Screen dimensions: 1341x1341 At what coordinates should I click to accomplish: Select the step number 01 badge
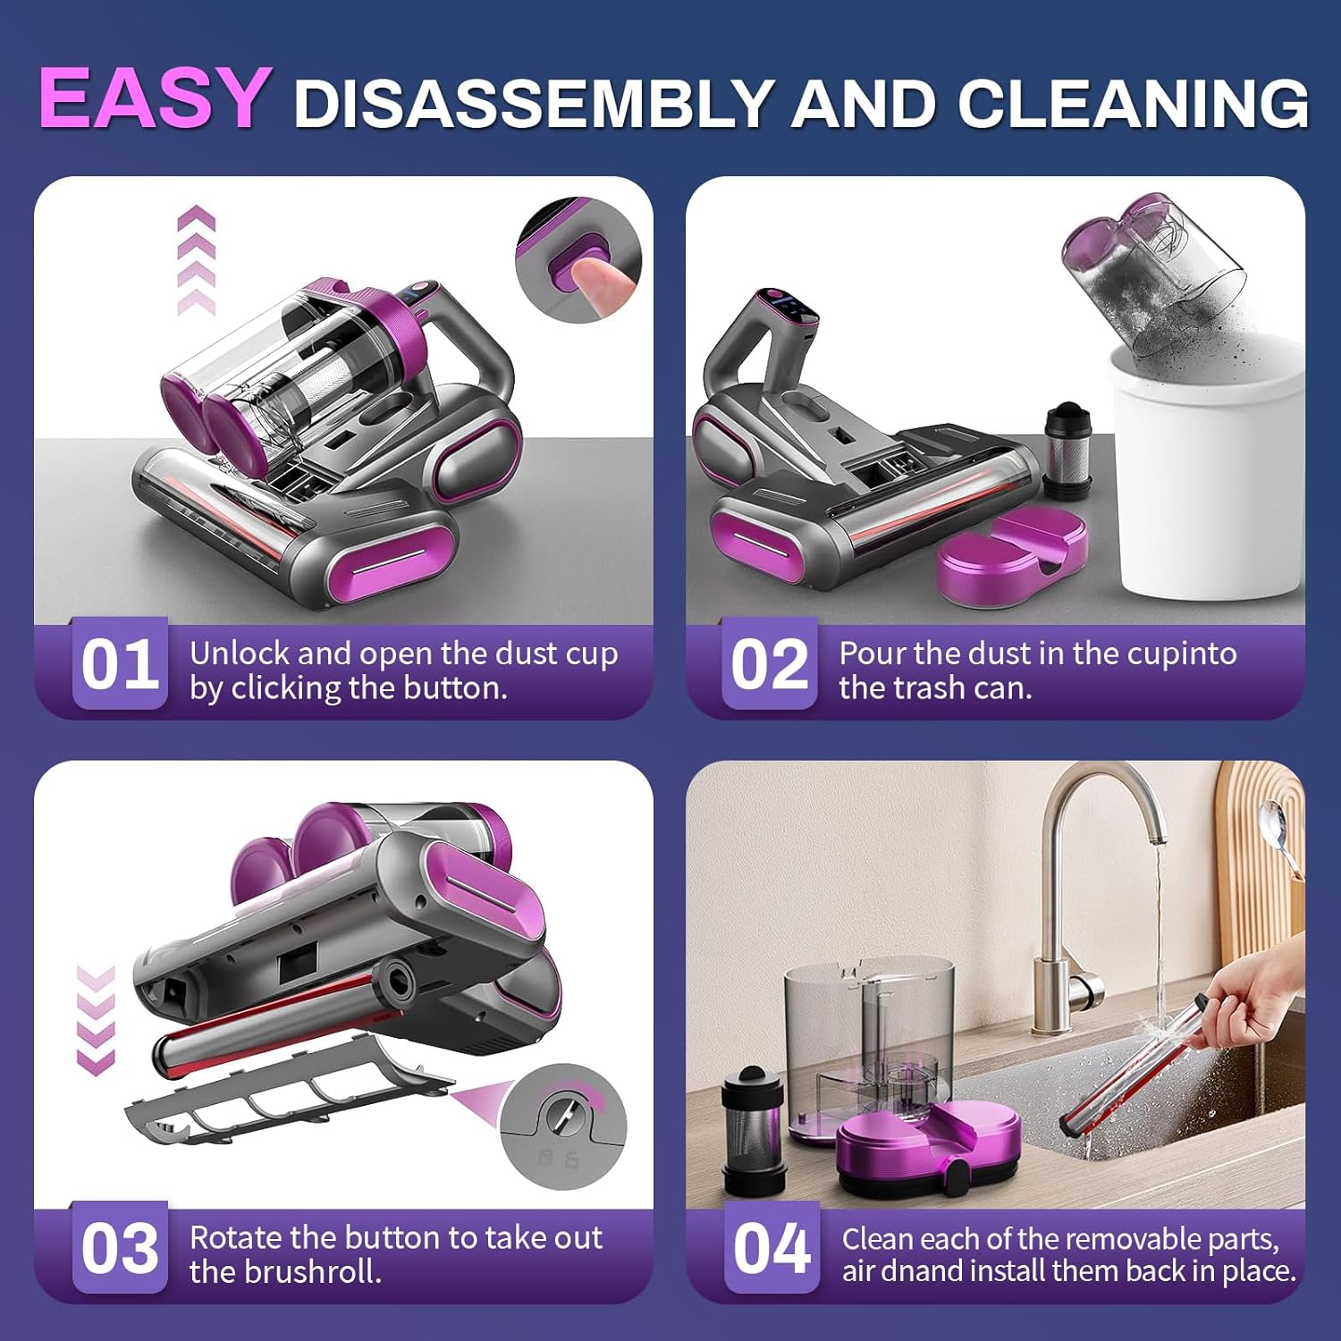[x=120, y=664]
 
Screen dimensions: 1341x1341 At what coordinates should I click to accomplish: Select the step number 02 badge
[x=770, y=664]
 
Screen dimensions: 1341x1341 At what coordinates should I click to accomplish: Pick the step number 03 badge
[x=120, y=1248]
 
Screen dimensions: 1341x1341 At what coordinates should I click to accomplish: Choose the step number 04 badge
[x=772, y=1248]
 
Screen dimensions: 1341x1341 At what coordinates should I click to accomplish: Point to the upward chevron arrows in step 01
[x=197, y=259]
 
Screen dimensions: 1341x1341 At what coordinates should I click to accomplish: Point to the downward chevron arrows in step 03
[x=96, y=1019]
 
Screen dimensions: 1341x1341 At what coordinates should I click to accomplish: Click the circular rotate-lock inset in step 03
[x=563, y=1126]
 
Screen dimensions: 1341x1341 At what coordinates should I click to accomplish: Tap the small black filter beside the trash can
[x=1068, y=451]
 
